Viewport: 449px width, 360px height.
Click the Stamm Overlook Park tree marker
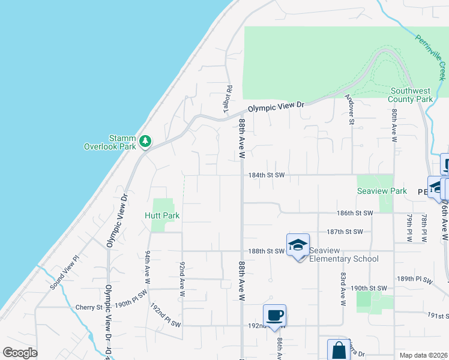[145, 142]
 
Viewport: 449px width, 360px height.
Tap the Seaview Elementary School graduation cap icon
[298, 245]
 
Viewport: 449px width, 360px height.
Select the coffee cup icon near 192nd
[274, 315]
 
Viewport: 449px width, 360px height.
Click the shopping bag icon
[339, 349]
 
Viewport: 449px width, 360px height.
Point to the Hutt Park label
[162, 215]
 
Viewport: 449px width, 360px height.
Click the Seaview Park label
[382, 191]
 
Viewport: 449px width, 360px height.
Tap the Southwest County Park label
[411, 95]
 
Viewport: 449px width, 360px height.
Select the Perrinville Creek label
[431, 57]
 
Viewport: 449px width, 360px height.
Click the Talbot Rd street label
[229, 97]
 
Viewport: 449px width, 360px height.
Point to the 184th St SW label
[266, 175]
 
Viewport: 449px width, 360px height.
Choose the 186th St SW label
[355, 213]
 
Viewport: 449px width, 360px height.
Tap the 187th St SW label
[345, 232]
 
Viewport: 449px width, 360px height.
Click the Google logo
[20, 353]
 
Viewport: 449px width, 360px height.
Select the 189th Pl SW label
[414, 279]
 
